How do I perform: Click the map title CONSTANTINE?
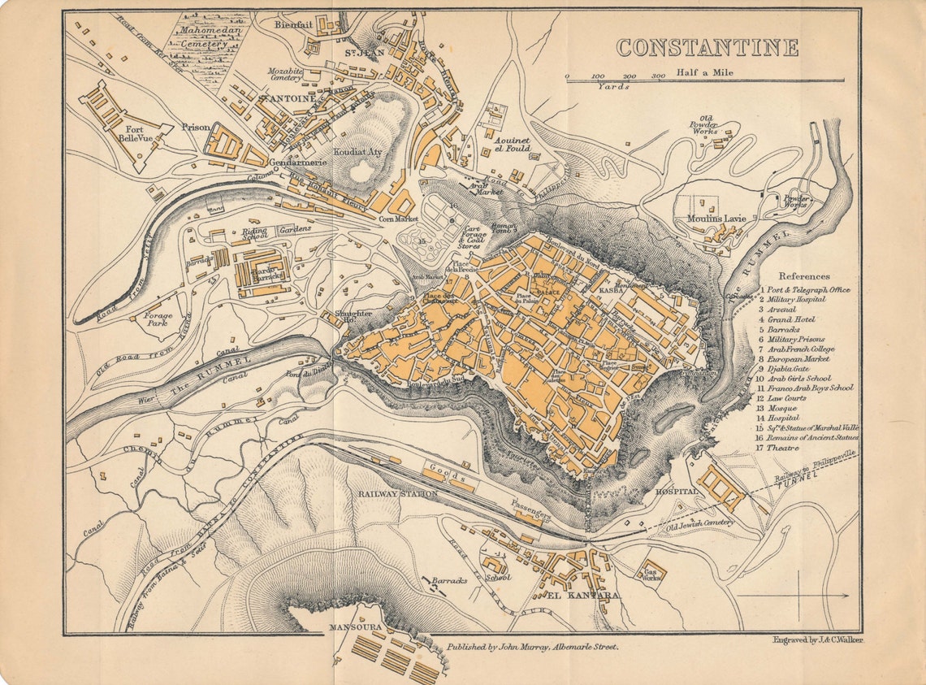[x=707, y=48]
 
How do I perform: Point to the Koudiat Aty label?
[x=357, y=152]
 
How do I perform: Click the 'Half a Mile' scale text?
[x=704, y=73]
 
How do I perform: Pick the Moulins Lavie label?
[x=716, y=219]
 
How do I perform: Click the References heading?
[x=804, y=276]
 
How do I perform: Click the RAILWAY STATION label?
[x=398, y=493]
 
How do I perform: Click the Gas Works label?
[x=651, y=574]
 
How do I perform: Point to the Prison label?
[x=196, y=127]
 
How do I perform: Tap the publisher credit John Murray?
[x=532, y=647]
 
